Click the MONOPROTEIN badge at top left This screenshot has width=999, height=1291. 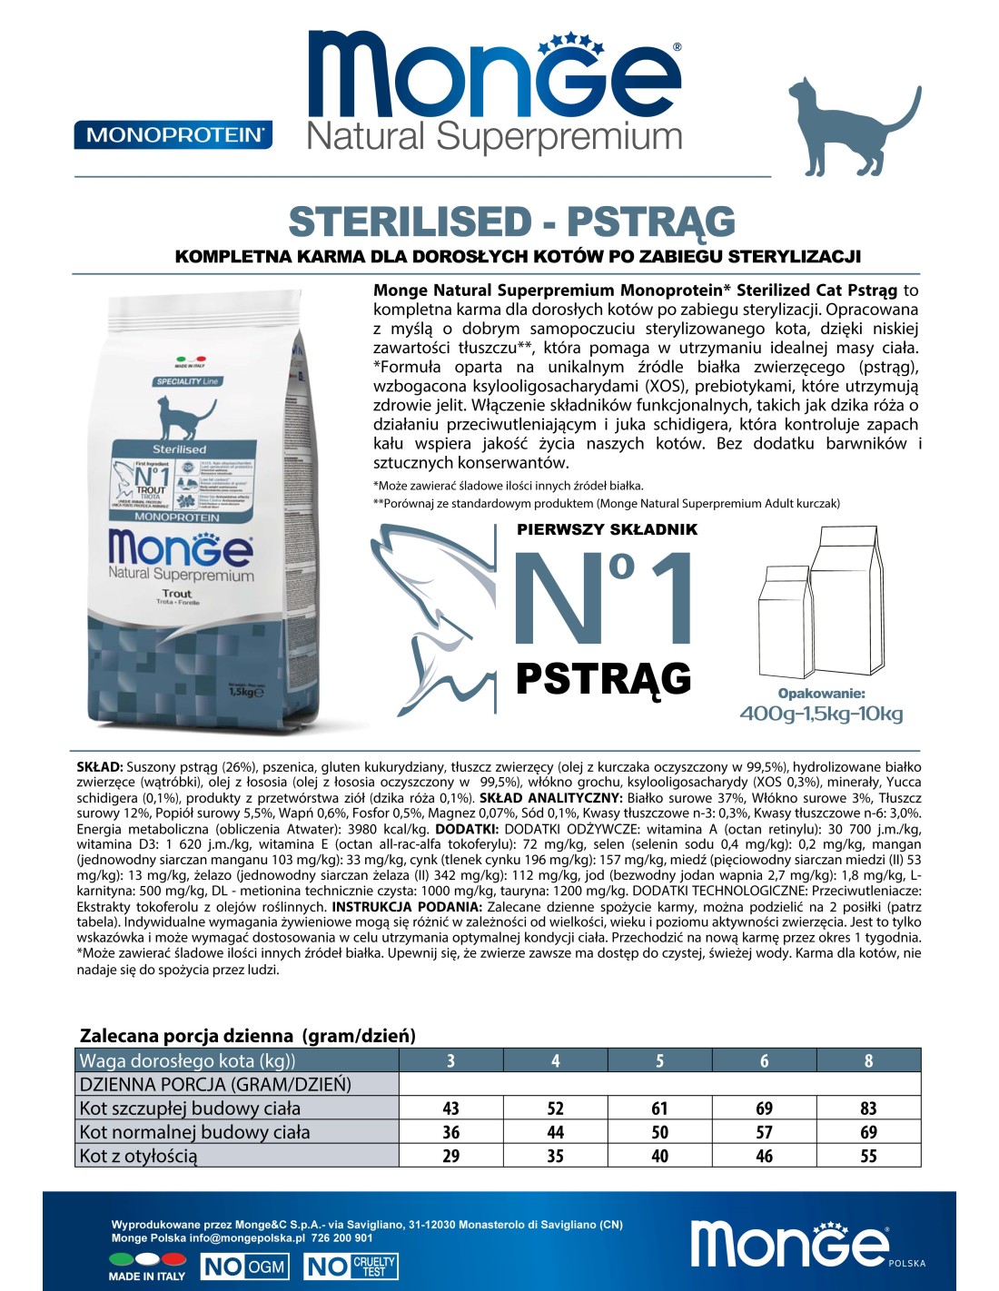click(173, 134)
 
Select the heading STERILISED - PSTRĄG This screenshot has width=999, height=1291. click(511, 222)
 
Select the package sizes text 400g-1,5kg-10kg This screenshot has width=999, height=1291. click(821, 714)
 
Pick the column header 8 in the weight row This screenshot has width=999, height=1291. click(868, 1060)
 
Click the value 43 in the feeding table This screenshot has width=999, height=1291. click(450, 1109)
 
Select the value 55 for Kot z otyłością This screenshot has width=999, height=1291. click(868, 1156)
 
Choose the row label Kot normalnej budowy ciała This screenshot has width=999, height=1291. click(195, 1132)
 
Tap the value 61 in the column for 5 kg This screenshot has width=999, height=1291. click(659, 1109)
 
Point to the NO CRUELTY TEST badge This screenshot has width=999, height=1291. click(351, 1266)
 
